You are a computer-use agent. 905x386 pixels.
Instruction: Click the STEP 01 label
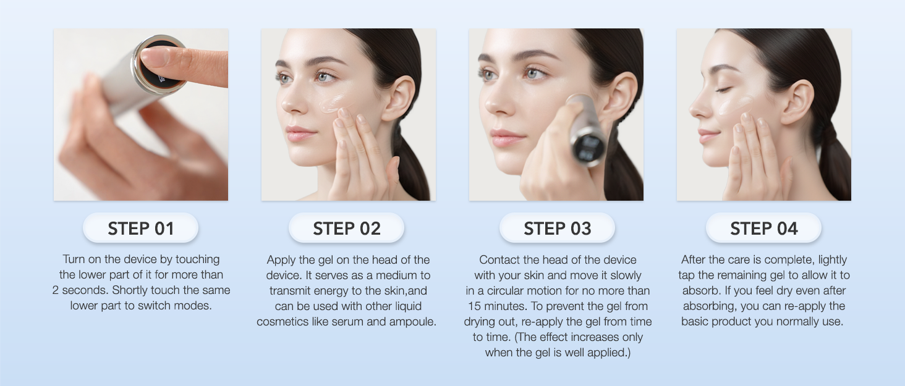[140, 229]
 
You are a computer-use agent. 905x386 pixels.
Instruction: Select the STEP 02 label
[347, 229]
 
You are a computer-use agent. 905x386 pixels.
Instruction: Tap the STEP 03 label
[557, 229]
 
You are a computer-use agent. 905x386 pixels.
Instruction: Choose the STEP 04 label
[763, 229]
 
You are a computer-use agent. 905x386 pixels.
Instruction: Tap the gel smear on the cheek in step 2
[331, 103]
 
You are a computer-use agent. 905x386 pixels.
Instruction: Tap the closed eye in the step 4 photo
[723, 90]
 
